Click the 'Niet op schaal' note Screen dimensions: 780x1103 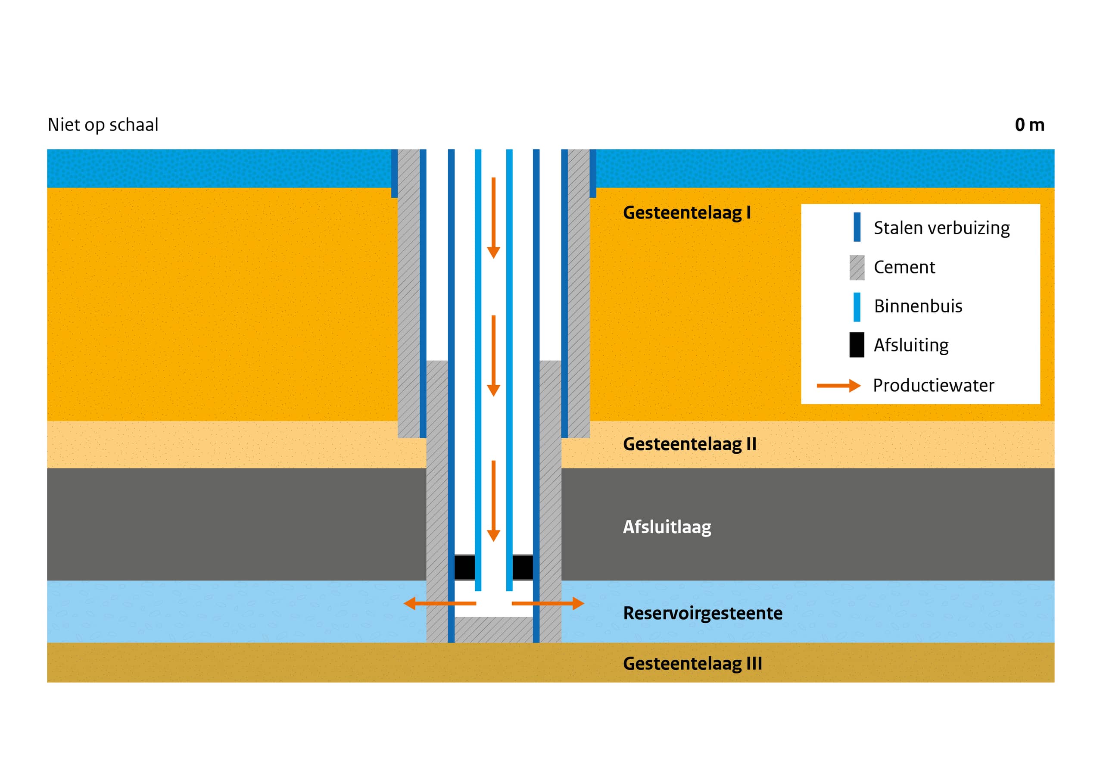click(x=103, y=125)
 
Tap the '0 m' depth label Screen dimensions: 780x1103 click(x=1029, y=125)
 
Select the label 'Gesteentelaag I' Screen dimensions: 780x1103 click(x=686, y=212)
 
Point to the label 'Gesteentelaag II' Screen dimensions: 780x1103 click(x=689, y=444)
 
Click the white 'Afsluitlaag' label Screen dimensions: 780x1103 click(x=667, y=527)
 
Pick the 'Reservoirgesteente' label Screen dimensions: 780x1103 click(x=702, y=613)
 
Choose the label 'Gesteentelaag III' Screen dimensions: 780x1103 click(x=692, y=664)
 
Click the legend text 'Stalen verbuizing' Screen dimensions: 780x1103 click(x=941, y=228)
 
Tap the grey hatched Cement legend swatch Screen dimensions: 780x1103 click(x=857, y=268)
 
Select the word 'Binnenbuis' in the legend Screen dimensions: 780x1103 click(x=918, y=306)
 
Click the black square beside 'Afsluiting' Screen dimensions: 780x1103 click(x=857, y=345)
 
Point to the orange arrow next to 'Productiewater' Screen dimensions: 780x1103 click(x=838, y=385)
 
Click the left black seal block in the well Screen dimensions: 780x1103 click(x=464, y=568)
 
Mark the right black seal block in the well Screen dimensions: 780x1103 click(x=523, y=568)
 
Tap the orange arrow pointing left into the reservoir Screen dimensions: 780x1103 click(x=439, y=603)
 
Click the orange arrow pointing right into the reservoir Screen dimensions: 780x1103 click(x=548, y=603)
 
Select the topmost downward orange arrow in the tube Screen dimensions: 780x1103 click(x=493, y=218)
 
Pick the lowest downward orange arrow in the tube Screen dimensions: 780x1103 click(x=493, y=501)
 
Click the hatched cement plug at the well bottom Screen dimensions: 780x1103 click(x=494, y=630)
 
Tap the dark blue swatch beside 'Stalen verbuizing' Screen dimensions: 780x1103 click(x=857, y=227)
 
